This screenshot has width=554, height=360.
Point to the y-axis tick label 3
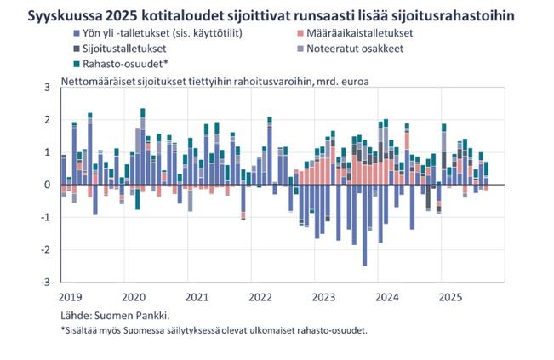click(x=48, y=87)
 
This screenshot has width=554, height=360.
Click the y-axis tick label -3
click(x=46, y=281)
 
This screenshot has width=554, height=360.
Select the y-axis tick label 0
click(x=48, y=184)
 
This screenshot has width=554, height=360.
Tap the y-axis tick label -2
click(x=46, y=249)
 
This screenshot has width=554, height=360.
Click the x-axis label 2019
click(x=71, y=298)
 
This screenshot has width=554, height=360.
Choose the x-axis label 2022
click(x=260, y=298)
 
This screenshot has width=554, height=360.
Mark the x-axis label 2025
click(x=450, y=298)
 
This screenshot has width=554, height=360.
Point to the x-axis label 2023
click(x=323, y=298)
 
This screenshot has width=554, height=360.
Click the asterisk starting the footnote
click(x=63, y=329)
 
